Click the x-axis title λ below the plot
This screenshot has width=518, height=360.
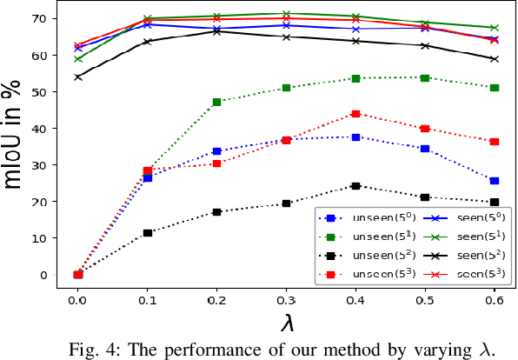coord(286,323)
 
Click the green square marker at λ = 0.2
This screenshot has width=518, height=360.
coord(216,102)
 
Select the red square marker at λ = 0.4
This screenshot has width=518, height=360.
coord(355,114)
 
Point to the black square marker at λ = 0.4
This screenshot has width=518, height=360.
coord(355,186)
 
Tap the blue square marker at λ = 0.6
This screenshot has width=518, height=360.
coord(495,181)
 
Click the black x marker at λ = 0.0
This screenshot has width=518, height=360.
coord(78,77)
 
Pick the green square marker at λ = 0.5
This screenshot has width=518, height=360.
coord(425,78)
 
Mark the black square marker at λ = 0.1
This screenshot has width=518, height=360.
coord(147,233)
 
